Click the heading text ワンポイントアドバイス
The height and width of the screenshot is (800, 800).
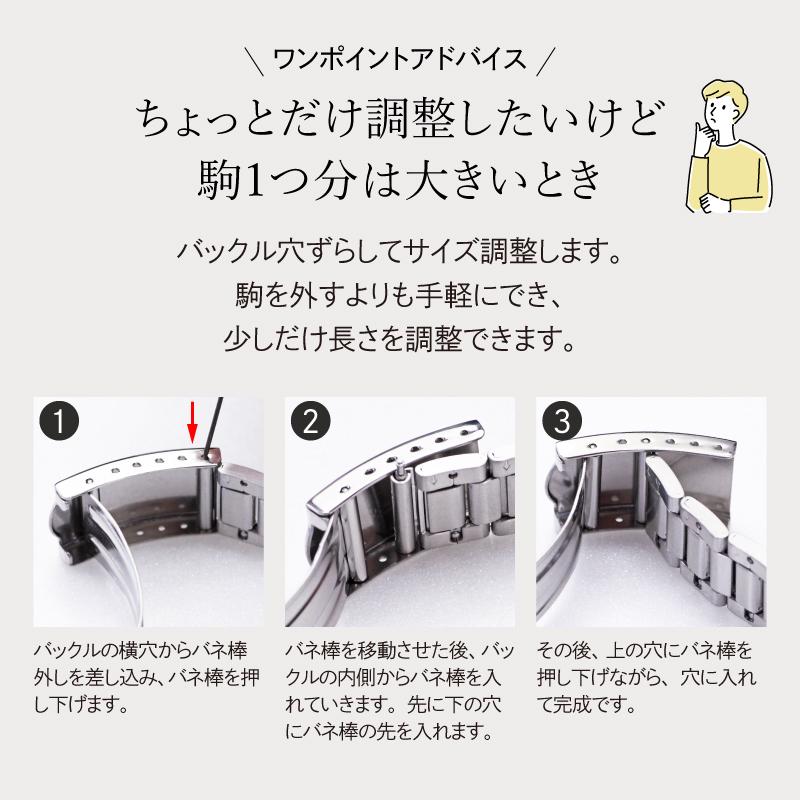400,59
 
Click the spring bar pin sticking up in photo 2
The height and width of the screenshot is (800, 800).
398,463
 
